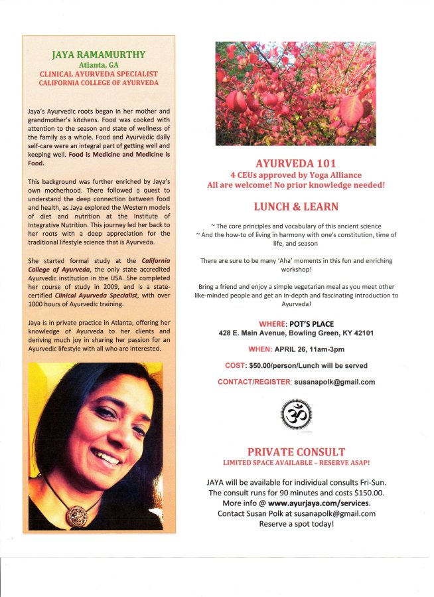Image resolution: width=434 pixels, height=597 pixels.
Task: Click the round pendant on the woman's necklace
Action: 76,515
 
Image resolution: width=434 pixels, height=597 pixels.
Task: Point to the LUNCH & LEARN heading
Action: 295,207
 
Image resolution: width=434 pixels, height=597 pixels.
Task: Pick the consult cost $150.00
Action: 364,493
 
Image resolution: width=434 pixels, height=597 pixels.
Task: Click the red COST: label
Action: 236,366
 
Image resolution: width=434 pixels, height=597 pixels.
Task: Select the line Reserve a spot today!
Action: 296,523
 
